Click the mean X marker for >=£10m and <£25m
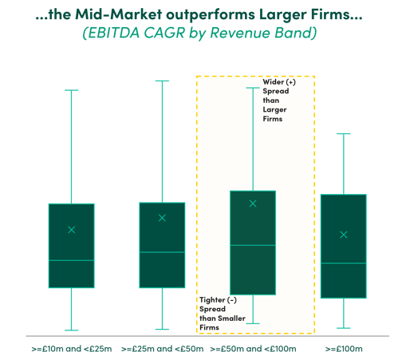72,230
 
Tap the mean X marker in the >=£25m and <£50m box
162,218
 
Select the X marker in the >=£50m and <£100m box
253,204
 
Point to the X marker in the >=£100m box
344,235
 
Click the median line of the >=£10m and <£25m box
72,260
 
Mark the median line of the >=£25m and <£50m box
162,252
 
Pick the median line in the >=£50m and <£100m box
253,245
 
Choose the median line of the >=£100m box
344,263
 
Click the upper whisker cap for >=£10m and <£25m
72,90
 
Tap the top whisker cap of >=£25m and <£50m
162,81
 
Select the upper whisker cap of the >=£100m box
344,133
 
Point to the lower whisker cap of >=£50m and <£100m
253,323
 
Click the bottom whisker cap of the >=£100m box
344,328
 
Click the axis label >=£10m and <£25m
72,349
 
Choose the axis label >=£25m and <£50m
162,349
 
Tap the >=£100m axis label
344,349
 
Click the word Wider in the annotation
274,81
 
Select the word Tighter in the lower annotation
212,300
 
